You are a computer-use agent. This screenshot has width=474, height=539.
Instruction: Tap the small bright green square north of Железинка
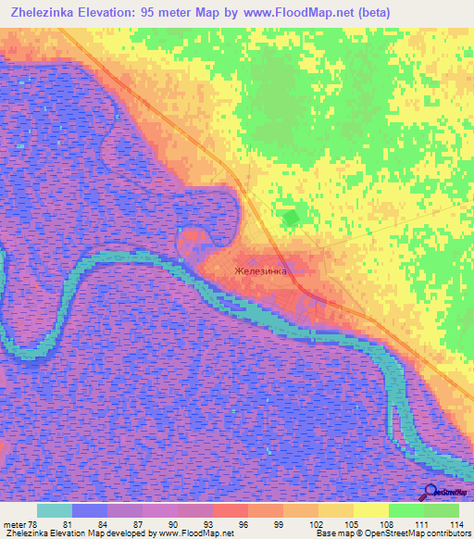(x=291, y=218)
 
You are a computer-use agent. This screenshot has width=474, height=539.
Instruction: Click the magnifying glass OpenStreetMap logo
(x=431, y=492)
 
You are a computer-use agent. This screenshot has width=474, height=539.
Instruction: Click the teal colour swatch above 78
(x=55, y=510)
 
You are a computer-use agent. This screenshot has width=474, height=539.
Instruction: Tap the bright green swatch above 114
(x=442, y=510)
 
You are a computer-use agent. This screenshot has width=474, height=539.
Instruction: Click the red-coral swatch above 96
(x=231, y=510)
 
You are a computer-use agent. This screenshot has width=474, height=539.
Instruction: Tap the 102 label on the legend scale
(x=303, y=525)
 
